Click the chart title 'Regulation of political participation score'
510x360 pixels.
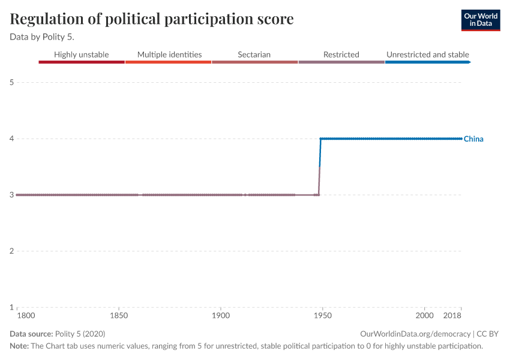pyautogui.click(x=152, y=19)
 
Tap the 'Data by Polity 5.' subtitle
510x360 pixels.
pyautogui.click(x=41, y=37)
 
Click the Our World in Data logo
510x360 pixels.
pyautogui.click(x=480, y=20)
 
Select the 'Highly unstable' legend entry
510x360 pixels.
pyautogui.click(x=82, y=55)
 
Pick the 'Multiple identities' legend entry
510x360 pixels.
pyautogui.click(x=169, y=55)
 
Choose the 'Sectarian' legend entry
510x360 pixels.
pyautogui.click(x=254, y=55)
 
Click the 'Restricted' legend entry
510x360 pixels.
pyautogui.click(x=341, y=55)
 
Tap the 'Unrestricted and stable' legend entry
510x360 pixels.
pyautogui.click(x=427, y=55)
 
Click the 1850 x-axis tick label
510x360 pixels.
pyautogui.click(x=119, y=315)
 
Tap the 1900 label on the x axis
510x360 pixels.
pyautogui.click(x=221, y=315)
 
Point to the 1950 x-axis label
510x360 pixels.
pyautogui.click(x=323, y=315)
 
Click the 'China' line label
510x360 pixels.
pyautogui.click(x=473, y=139)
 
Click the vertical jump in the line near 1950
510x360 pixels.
pyautogui.click(x=320, y=167)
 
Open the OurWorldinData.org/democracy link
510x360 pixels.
pyautogui.click(x=415, y=334)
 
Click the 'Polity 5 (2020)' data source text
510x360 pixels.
pyautogui.click(x=80, y=334)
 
